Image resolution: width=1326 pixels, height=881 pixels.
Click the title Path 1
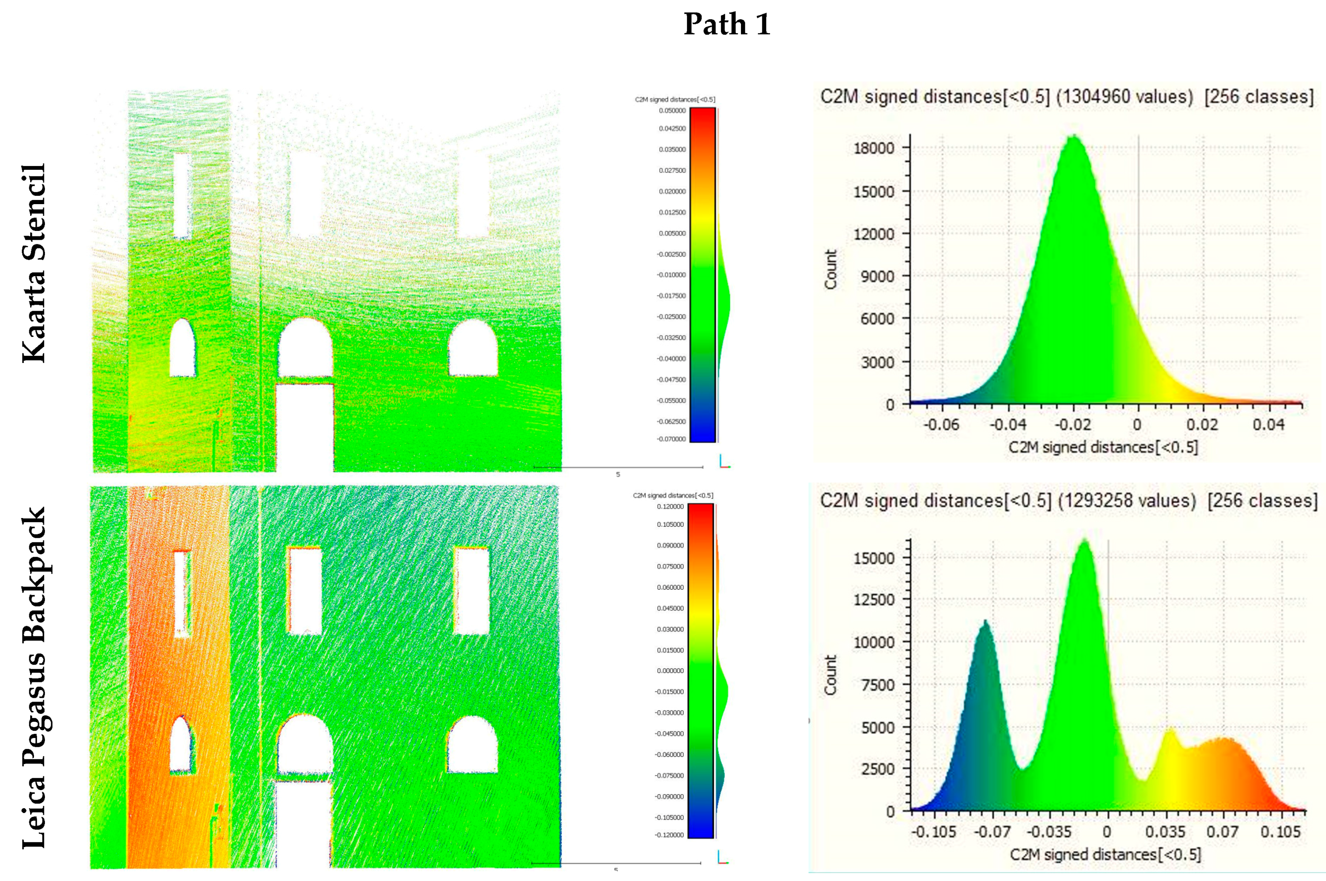click(726, 24)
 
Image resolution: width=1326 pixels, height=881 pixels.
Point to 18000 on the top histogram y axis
click(874, 148)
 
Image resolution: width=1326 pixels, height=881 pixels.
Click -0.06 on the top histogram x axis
click(941, 425)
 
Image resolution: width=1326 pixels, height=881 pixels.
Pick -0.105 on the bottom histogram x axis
click(933, 832)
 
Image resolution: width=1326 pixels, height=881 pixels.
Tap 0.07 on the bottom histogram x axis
click(1222, 832)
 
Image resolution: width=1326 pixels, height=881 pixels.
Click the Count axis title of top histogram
click(831, 269)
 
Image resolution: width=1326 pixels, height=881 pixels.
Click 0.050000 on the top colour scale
click(672, 111)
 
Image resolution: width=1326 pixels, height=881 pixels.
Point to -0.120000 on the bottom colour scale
click(669, 835)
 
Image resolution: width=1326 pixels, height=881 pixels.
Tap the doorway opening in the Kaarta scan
click(304, 427)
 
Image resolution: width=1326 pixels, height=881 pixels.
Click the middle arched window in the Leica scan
click(304, 744)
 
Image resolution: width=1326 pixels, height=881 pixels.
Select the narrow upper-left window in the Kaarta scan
click(182, 195)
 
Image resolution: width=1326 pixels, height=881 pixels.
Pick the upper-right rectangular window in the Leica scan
click(471, 591)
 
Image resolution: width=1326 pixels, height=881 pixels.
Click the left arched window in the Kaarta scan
click(183, 348)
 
